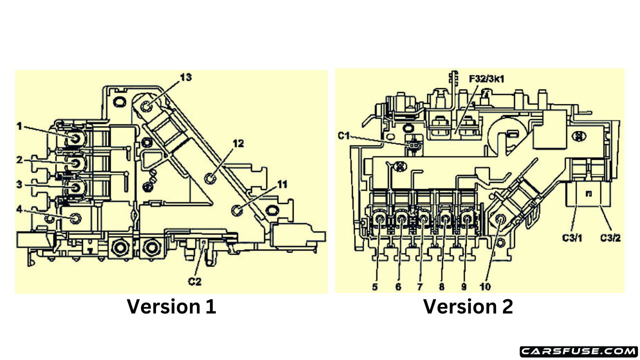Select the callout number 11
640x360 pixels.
coord(282,184)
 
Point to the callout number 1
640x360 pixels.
coord(19,126)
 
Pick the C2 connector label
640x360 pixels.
coord(194,281)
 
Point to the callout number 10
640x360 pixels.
coord(485,287)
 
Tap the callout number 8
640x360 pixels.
coord(441,287)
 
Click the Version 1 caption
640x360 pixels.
coord(171,306)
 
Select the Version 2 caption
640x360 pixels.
coord(468,306)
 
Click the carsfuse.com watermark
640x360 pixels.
coord(578,351)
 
